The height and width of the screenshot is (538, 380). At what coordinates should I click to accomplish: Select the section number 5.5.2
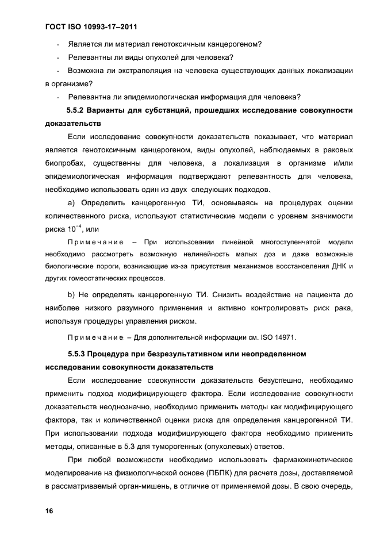click(79, 110)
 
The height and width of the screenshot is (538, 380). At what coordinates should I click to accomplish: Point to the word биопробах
click(64, 163)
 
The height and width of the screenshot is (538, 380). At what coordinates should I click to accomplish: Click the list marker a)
click(72, 203)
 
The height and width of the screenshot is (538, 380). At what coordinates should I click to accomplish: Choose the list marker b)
click(72, 294)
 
